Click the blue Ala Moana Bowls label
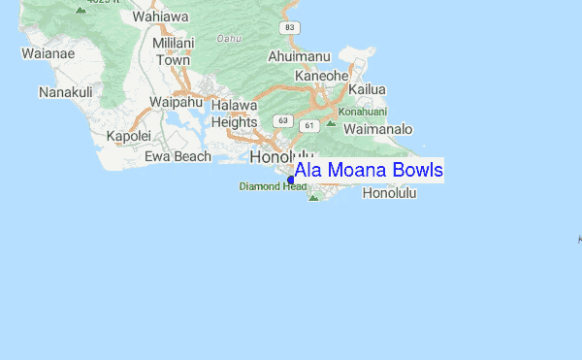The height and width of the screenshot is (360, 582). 369,171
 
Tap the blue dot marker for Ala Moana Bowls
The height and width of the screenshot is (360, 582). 291,180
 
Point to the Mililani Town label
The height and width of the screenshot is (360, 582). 174,51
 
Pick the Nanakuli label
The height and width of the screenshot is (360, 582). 66,92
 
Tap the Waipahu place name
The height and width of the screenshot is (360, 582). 177,100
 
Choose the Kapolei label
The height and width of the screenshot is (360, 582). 130,136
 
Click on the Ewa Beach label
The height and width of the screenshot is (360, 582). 178,155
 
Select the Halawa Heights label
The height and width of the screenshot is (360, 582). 234,114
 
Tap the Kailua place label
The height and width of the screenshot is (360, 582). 368,89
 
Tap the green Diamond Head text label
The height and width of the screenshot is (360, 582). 274,186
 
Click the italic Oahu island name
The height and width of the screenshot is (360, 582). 229,39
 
